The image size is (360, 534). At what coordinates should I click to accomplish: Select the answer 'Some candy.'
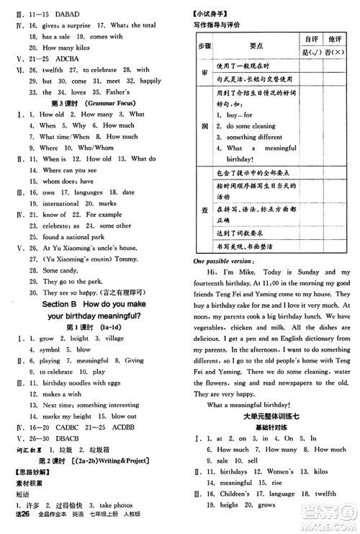click(x=60, y=270)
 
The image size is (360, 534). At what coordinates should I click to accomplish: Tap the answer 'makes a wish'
click(x=62, y=394)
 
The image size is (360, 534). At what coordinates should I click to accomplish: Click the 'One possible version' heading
click(x=224, y=262)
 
